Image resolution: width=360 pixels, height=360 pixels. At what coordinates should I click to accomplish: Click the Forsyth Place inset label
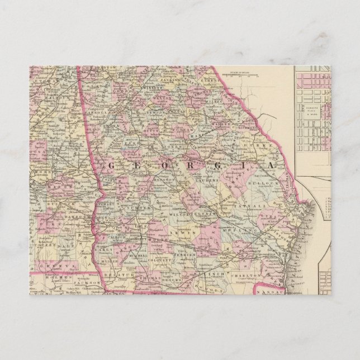click(312, 110)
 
